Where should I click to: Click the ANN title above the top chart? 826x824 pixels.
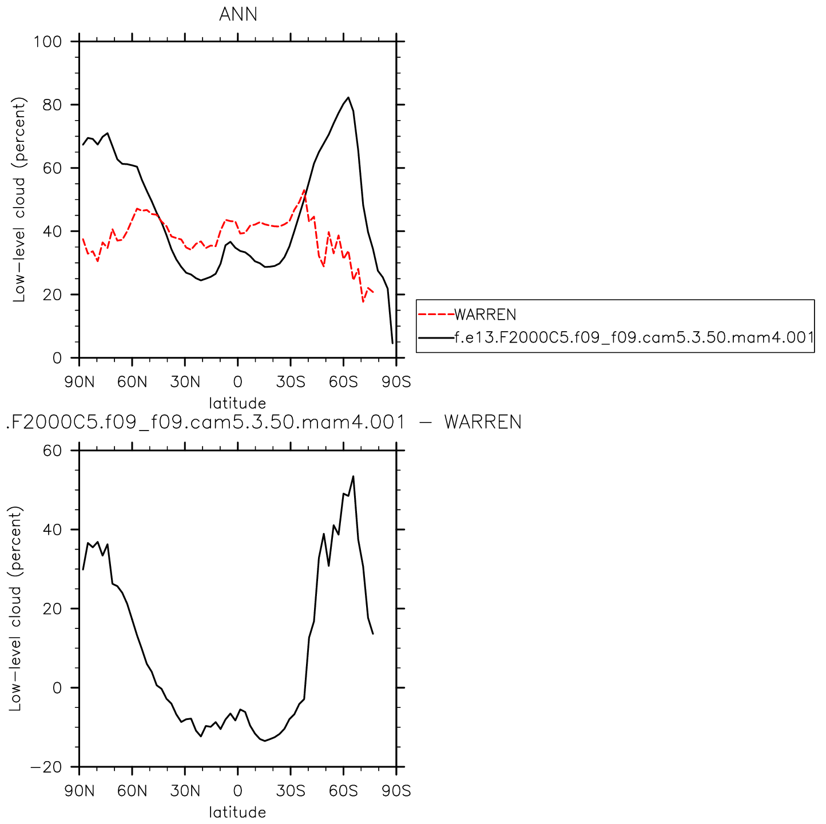point(238,14)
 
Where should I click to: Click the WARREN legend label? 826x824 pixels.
point(485,315)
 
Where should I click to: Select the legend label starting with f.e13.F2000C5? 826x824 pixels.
point(634,337)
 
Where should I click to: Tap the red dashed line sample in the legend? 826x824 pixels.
point(436,315)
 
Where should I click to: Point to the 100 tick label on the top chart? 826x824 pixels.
point(47,42)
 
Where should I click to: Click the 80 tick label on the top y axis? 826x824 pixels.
point(52,105)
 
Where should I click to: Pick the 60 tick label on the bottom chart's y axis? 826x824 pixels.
point(52,451)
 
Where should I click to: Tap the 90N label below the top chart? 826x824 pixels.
point(79,382)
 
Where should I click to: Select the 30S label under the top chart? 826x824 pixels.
point(291,382)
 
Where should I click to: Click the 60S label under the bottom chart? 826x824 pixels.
point(343,791)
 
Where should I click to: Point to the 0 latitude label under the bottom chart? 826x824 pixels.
point(238,791)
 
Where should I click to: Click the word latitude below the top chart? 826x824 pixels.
point(237,403)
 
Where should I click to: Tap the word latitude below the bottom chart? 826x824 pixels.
point(237,813)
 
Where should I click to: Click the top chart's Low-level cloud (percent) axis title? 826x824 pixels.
point(20,200)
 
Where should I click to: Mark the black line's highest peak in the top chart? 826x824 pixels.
point(348,98)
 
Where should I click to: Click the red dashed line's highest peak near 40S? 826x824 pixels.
point(304,190)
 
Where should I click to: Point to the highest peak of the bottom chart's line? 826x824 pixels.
point(353,476)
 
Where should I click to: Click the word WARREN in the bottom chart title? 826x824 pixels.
point(483,423)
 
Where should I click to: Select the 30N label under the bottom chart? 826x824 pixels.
point(185,791)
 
